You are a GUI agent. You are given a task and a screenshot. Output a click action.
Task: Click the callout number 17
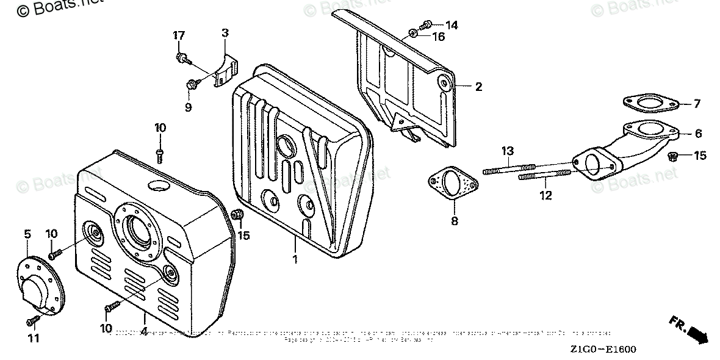pos(178,35)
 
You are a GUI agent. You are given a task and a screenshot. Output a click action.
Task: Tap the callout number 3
pos(225,32)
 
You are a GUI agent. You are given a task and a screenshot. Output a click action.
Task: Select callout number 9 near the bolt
pos(188,107)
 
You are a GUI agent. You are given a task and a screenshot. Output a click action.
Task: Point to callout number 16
pos(439,37)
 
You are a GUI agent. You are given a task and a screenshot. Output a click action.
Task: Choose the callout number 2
pos(478,87)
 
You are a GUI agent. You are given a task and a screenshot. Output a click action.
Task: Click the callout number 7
pos(697,104)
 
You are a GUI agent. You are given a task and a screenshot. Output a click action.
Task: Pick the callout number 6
pos(698,134)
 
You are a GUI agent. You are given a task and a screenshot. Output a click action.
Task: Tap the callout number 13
pos(509,151)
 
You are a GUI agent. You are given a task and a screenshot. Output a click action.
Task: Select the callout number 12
pos(545,195)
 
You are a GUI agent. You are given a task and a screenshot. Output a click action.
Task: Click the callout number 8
pos(454,221)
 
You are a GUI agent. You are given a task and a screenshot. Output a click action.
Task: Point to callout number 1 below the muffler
pos(294,259)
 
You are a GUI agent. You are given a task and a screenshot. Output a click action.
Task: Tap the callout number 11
pos(34,338)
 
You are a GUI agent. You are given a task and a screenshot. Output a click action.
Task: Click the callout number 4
pos(144,332)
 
